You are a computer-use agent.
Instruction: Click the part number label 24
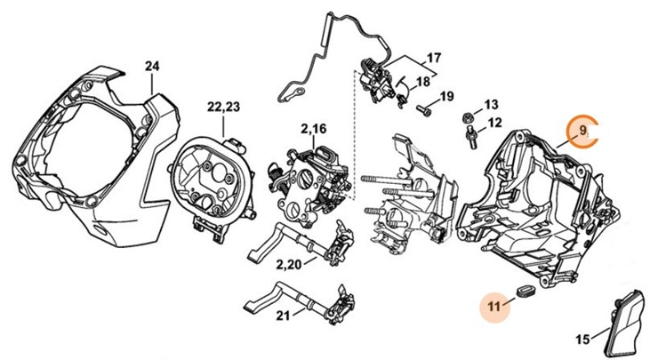(152, 67)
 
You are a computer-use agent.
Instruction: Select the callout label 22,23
(224, 107)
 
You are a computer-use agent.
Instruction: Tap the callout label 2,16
(313, 130)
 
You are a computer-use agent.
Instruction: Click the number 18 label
(421, 82)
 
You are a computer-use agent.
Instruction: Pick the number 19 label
(446, 96)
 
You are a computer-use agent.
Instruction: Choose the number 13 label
(491, 104)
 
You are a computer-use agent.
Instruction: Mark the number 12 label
(495, 122)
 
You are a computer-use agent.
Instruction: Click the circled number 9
(582, 132)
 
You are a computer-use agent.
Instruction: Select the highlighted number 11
(493, 306)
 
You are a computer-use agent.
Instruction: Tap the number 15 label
(582, 339)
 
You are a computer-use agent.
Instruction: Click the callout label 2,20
(288, 264)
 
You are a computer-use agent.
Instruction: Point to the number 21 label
(283, 316)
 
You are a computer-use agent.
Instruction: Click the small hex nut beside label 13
(467, 117)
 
